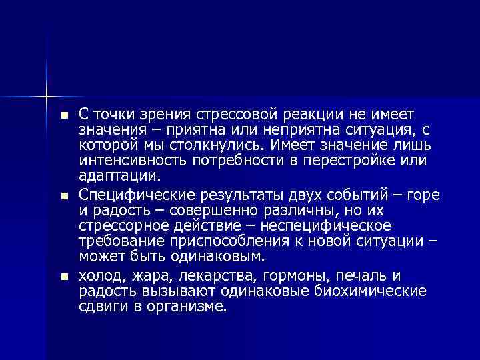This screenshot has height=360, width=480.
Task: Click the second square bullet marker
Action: (x=64, y=197)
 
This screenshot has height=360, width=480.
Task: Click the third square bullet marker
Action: (x=64, y=277)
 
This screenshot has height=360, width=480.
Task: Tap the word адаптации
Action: (x=120, y=177)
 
